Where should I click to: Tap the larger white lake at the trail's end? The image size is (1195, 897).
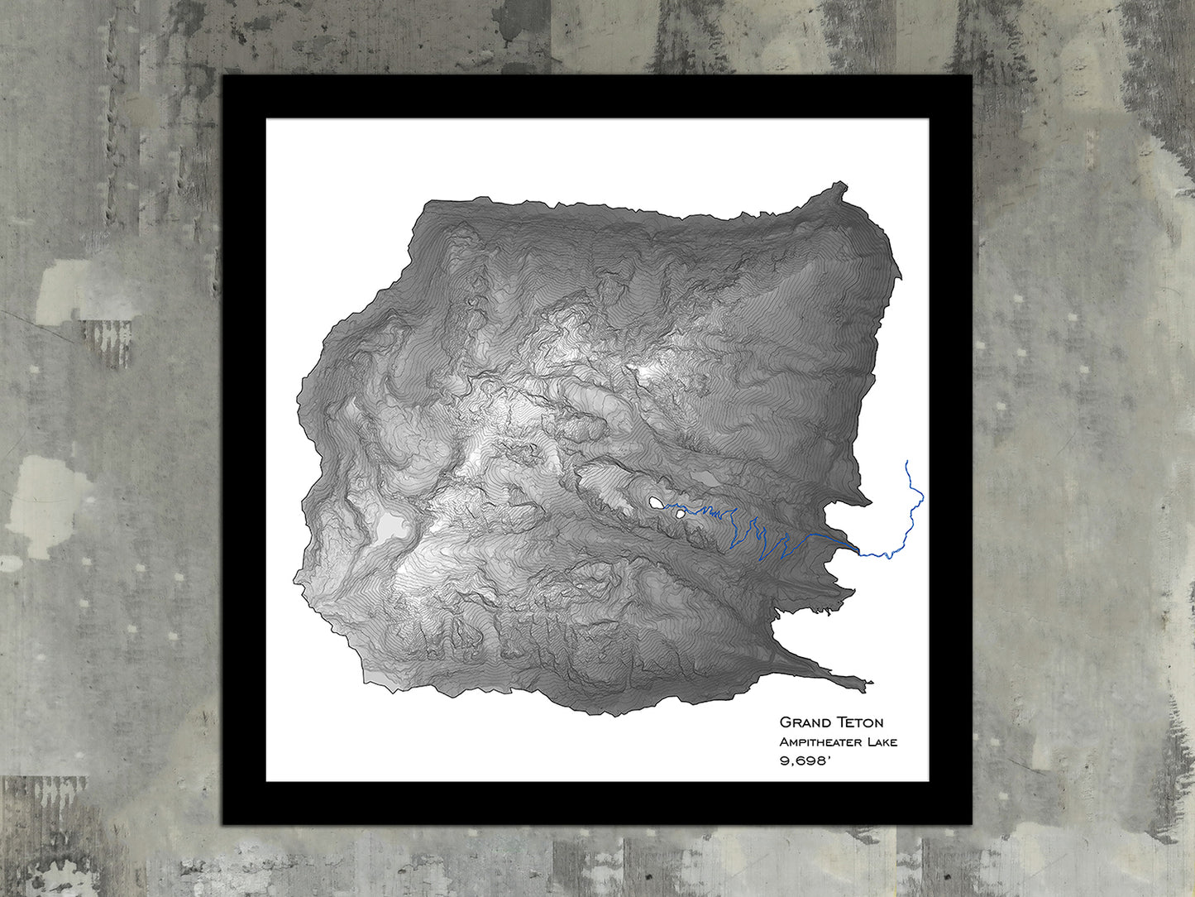pos(655,502)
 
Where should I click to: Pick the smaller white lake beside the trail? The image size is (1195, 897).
pos(680,514)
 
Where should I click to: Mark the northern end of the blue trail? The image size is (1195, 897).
pos(907,461)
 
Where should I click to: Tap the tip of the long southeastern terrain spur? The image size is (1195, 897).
pos(870,683)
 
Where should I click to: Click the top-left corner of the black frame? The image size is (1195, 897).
pos(223,76)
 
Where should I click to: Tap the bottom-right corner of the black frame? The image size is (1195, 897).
pos(971,823)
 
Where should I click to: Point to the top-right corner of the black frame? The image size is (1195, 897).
pos(971,76)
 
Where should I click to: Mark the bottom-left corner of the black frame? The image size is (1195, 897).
pos(223,823)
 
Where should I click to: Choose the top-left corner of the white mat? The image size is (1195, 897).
pos(266,119)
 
